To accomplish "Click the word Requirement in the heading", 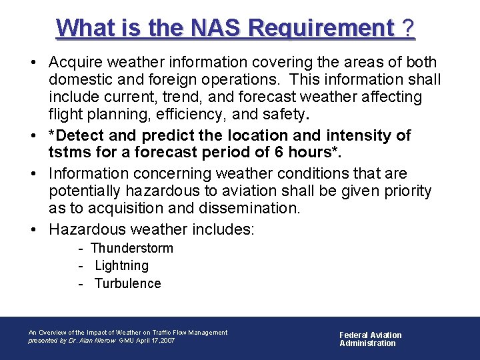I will point(321,29).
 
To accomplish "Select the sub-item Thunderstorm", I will point(132,248).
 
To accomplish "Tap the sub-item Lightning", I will point(122,265).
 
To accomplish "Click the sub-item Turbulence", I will point(128,283).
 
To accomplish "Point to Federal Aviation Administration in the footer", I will point(371,339).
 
